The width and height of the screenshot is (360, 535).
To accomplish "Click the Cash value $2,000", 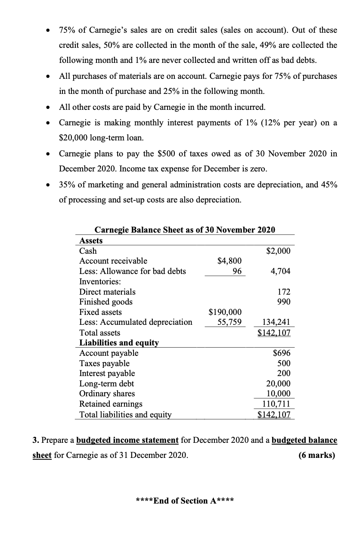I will click(x=279, y=251).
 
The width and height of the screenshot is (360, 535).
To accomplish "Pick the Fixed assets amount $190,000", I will click(x=225, y=312).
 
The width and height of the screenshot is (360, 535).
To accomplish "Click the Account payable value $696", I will click(x=282, y=353).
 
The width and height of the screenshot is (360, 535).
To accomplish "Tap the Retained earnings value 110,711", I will click(x=278, y=404).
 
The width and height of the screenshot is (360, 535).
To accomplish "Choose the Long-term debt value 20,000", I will click(x=279, y=383).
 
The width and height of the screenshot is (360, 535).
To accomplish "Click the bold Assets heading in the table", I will click(x=91, y=241).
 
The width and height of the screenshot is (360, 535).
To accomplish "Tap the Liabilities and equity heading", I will click(x=119, y=343).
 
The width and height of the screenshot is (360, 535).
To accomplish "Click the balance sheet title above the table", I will click(x=184, y=230).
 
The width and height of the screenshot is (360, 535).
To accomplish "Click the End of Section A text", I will click(x=184, y=501).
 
